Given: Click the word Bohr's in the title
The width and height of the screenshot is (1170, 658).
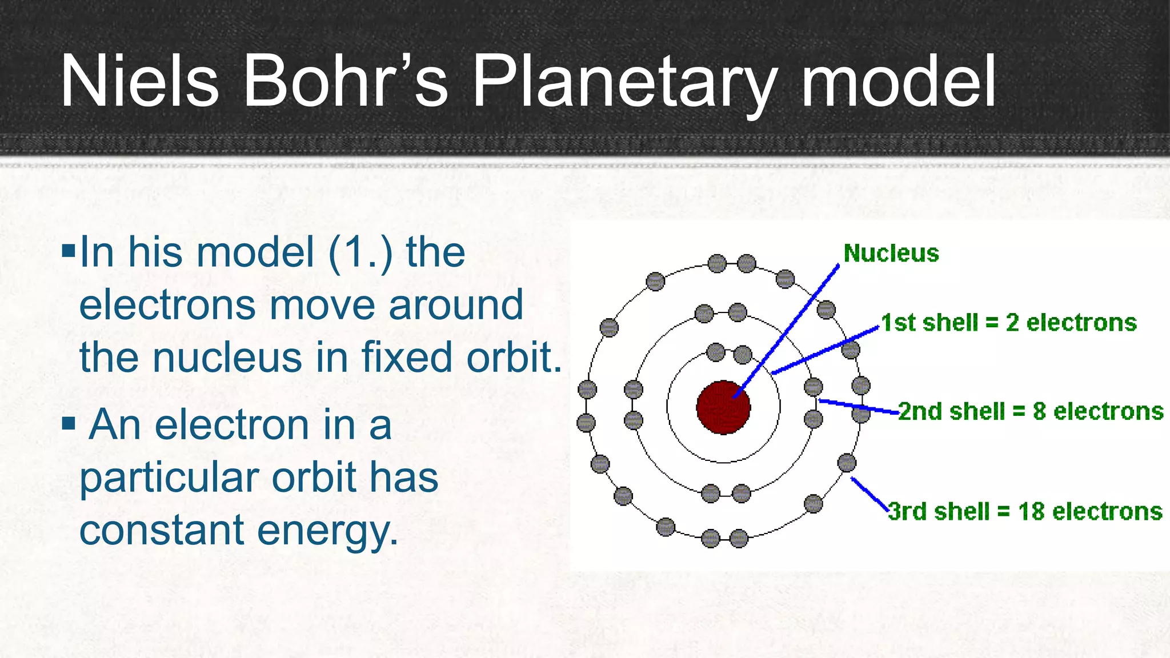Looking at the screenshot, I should pyautogui.click(x=345, y=81).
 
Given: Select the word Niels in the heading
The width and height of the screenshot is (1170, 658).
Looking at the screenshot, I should pyautogui.click(x=139, y=81).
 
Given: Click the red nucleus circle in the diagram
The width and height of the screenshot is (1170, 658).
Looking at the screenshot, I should pyautogui.click(x=723, y=407).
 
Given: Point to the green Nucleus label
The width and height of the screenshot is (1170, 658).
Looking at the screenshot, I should pyautogui.click(x=891, y=253).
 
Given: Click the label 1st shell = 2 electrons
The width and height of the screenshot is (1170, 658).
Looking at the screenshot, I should pyautogui.click(x=1008, y=323).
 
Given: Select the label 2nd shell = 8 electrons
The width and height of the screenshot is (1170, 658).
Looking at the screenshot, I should pyautogui.click(x=1031, y=411).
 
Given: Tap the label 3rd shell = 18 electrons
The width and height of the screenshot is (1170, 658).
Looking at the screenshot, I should pyautogui.click(x=1025, y=511).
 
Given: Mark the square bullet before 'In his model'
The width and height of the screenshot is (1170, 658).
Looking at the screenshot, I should pyautogui.click(x=69, y=250).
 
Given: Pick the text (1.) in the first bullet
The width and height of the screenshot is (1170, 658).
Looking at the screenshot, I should pyautogui.click(x=360, y=252).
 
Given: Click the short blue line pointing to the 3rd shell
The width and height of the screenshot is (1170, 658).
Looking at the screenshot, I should pyautogui.click(x=869, y=494).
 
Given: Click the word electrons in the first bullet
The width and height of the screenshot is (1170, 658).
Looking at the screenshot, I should pyautogui.click(x=167, y=304).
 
